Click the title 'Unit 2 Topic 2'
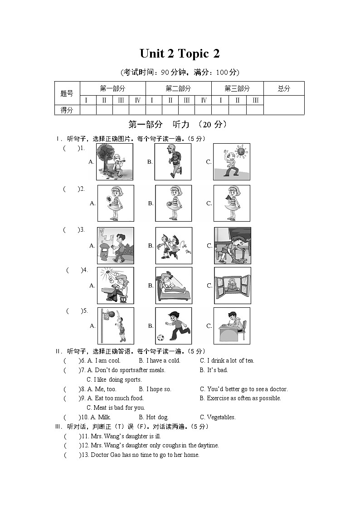point(180,53)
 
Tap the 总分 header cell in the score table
point(284,89)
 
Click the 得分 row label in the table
point(67,110)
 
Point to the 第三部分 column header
point(237,89)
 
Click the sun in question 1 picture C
point(240,150)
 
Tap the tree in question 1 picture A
point(105,154)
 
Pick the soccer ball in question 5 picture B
point(160,338)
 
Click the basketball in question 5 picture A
point(111,314)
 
